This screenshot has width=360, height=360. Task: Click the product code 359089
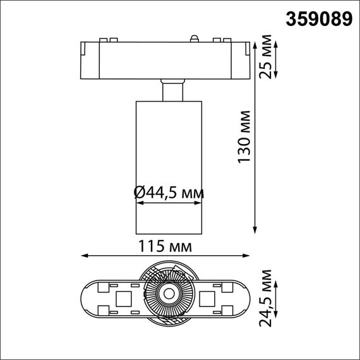[320, 20]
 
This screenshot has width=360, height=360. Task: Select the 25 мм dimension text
[267, 59]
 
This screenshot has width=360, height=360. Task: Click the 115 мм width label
[168, 244]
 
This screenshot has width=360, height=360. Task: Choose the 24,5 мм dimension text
[267, 296]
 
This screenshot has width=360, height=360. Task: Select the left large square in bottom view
[124, 298]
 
